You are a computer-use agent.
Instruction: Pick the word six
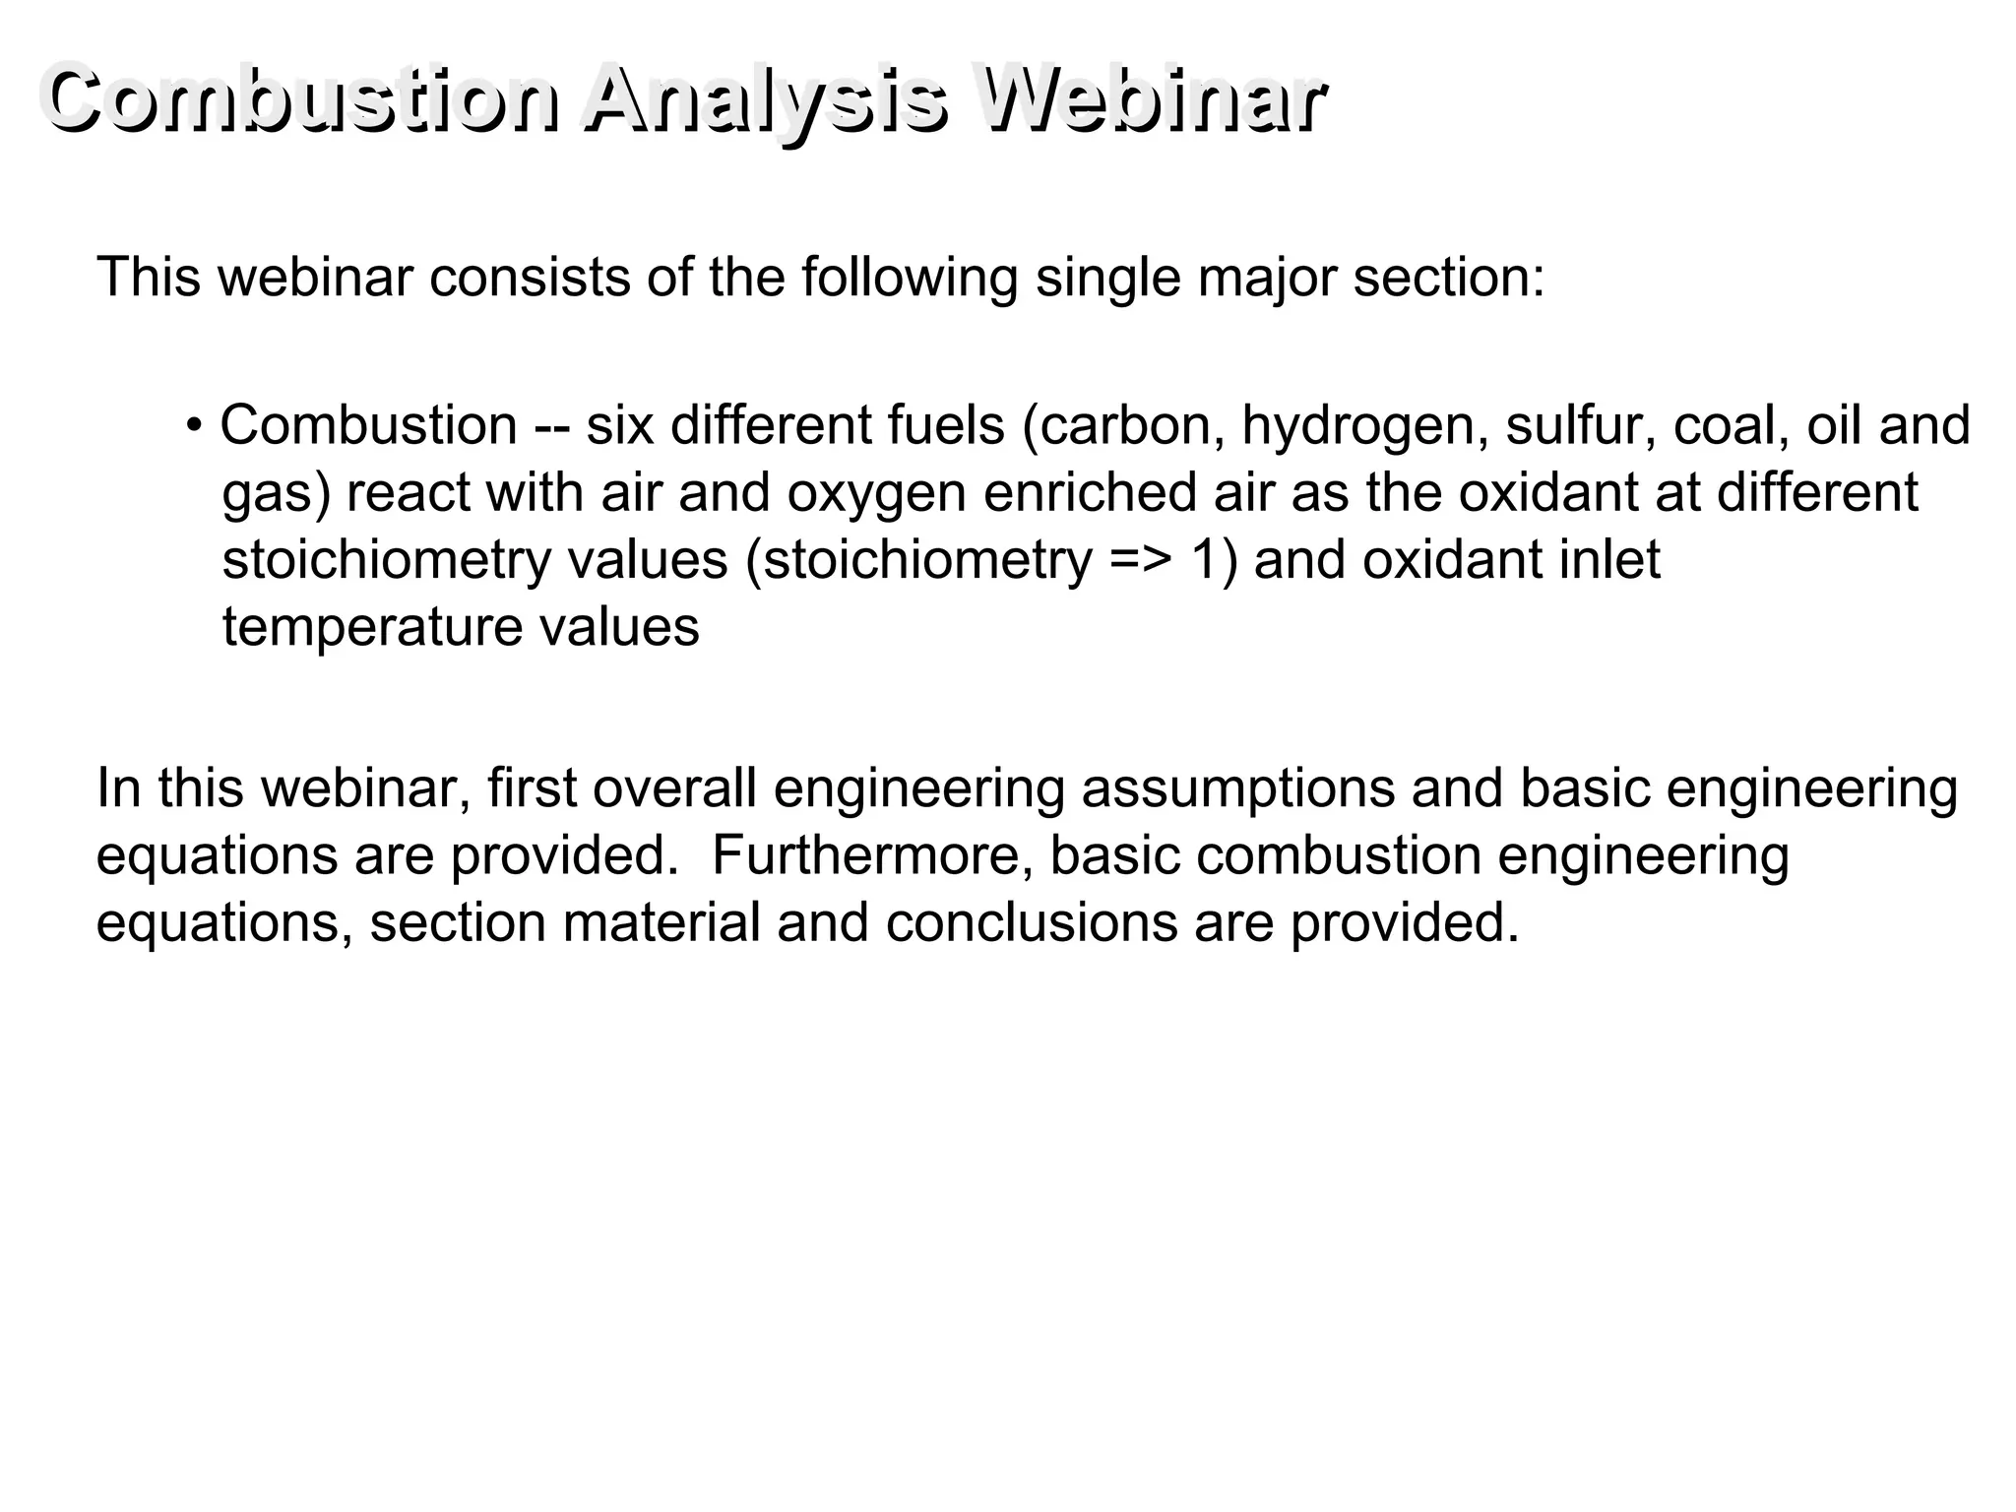coord(620,425)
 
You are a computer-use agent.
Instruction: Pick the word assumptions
coord(1237,789)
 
